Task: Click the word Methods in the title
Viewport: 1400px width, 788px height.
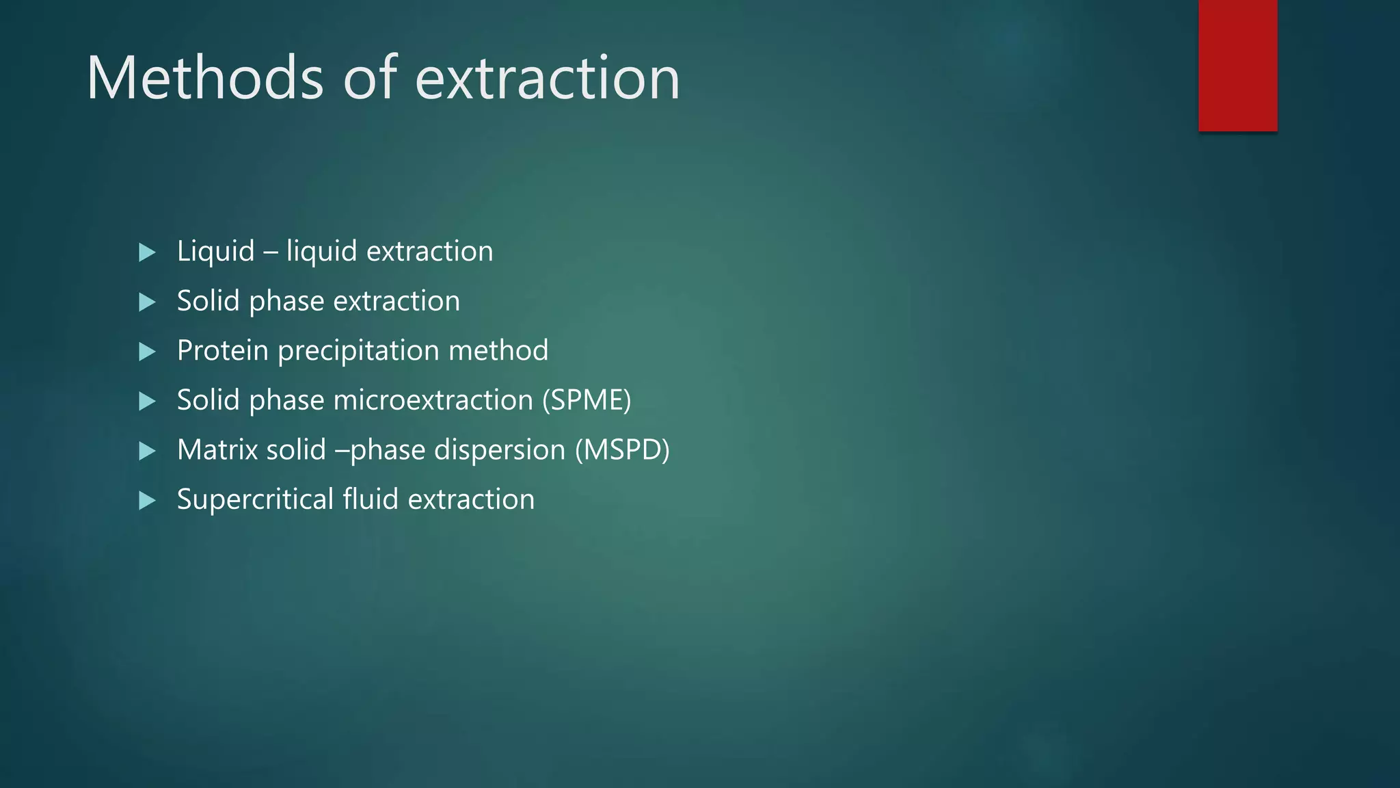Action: [x=204, y=78]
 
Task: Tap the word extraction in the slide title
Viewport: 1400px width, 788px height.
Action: [x=548, y=78]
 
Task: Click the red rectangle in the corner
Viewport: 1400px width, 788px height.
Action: [x=1237, y=66]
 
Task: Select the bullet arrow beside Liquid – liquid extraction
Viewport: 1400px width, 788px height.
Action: [x=147, y=252]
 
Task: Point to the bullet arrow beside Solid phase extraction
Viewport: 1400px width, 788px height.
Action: [x=147, y=302]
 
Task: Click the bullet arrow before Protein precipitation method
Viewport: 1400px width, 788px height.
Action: [x=147, y=352]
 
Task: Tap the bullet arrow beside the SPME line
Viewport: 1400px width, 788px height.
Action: [x=147, y=402]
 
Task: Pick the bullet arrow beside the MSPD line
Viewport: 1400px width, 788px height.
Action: [x=147, y=451]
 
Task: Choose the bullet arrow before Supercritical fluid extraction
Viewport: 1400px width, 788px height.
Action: [x=147, y=501]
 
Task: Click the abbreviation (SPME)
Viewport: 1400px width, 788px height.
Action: [x=587, y=400]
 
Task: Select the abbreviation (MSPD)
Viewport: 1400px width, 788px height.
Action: [x=622, y=450]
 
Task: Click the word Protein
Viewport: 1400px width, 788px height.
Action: [x=222, y=350]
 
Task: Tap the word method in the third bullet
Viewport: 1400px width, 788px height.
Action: [x=498, y=350]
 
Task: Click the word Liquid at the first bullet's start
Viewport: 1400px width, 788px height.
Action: [x=215, y=252]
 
